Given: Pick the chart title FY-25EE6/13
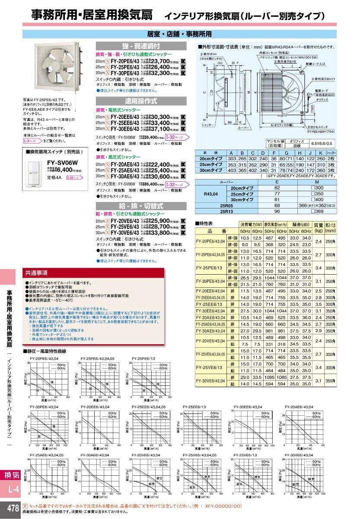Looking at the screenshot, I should (x=194, y=407).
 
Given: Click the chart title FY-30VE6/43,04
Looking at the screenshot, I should (x=299, y=455).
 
